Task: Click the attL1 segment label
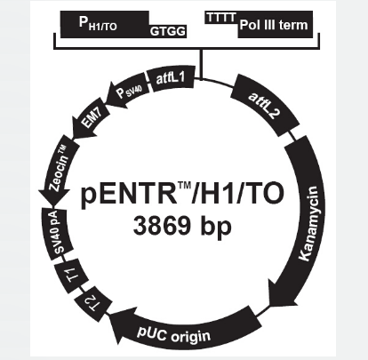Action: [171, 78]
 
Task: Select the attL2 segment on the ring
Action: [265, 105]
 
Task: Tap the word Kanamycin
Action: [309, 223]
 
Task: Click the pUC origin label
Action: [174, 333]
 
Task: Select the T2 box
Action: [93, 305]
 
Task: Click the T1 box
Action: [72, 276]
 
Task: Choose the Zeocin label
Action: [59, 169]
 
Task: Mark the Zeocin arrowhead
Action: [53, 196]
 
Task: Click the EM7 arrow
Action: [89, 122]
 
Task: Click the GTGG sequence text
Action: [168, 31]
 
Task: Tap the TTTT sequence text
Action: [221, 18]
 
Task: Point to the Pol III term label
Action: [274, 25]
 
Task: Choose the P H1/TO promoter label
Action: [98, 23]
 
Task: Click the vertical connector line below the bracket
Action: [202, 65]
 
